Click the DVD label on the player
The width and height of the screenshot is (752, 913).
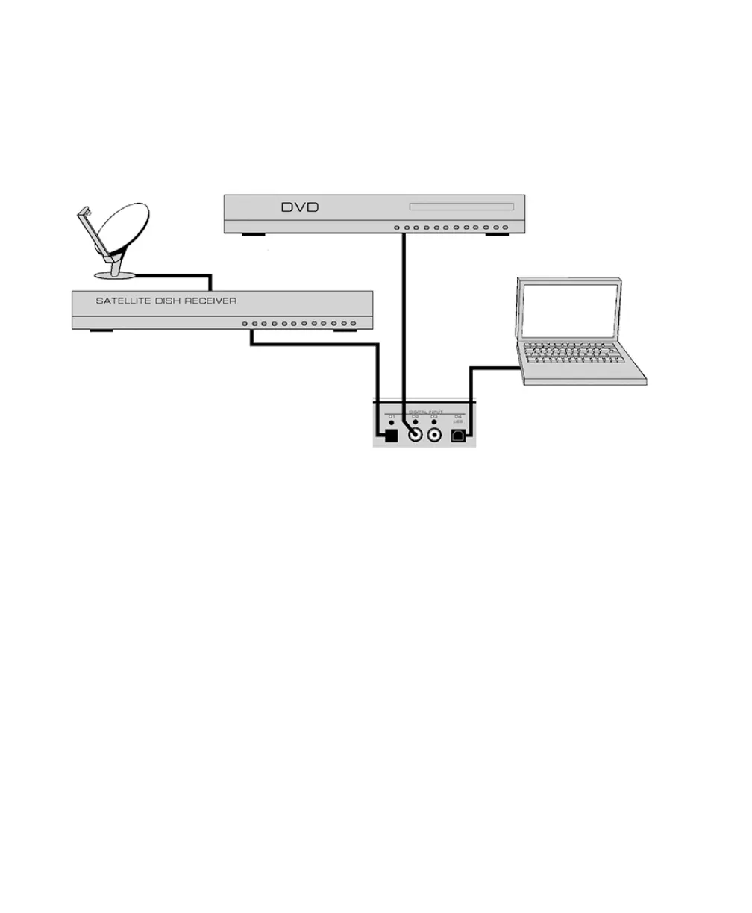[300, 207]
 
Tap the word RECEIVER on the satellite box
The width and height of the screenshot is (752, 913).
[211, 301]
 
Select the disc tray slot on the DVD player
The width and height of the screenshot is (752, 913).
[461, 207]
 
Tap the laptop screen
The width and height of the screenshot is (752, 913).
[569, 310]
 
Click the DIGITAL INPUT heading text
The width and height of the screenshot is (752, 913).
[426, 411]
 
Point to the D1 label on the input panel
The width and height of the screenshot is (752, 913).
[391, 416]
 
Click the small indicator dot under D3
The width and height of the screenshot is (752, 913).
[434, 424]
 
